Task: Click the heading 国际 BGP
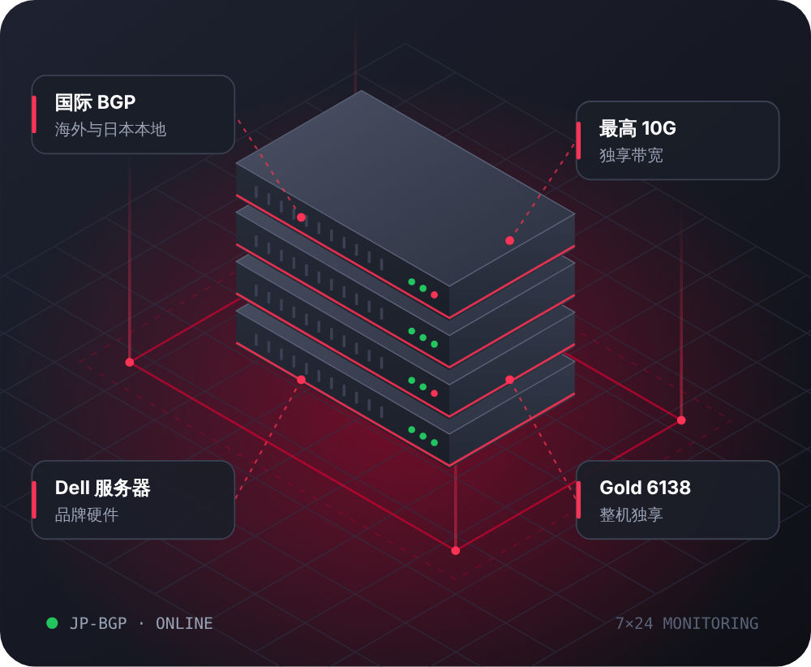pyautogui.click(x=95, y=102)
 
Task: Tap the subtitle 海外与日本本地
pyautogui.click(x=110, y=129)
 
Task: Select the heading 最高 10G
pyautogui.click(x=637, y=128)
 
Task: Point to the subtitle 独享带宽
pyautogui.click(x=631, y=155)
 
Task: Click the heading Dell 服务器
pyautogui.click(x=102, y=488)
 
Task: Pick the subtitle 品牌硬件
pyautogui.click(x=87, y=515)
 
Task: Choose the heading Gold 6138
pyautogui.click(x=645, y=488)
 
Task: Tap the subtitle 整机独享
pyautogui.click(x=631, y=515)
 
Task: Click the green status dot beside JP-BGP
pyautogui.click(x=52, y=623)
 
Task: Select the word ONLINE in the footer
pyautogui.click(x=184, y=623)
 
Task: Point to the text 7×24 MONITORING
pyautogui.click(x=687, y=623)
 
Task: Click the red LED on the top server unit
pyautogui.click(x=435, y=295)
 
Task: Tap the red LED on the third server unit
pyautogui.click(x=435, y=394)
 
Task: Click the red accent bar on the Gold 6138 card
pyautogui.click(x=578, y=500)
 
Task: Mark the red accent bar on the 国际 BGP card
pyautogui.click(x=34, y=114)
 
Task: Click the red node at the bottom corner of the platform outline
pyautogui.click(x=456, y=551)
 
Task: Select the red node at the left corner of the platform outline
pyautogui.click(x=130, y=362)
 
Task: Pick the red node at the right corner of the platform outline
pyautogui.click(x=681, y=420)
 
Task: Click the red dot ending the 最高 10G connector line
pyautogui.click(x=509, y=241)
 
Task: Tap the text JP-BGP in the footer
pyautogui.click(x=98, y=623)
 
